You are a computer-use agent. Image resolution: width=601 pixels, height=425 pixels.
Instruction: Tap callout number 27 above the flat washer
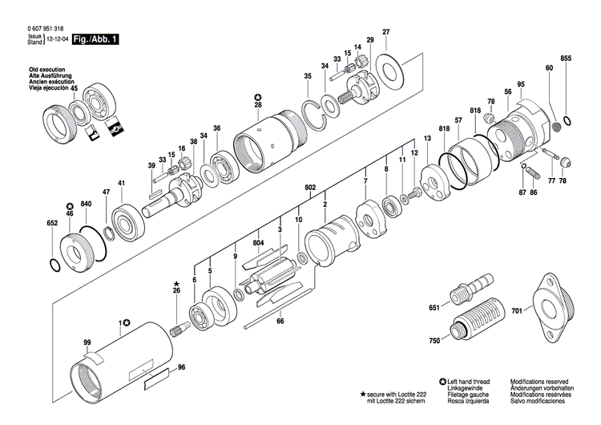point(385,32)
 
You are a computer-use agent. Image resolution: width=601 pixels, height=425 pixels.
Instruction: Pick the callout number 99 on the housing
point(87,342)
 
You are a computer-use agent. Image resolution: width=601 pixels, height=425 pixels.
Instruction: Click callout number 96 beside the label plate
point(181,367)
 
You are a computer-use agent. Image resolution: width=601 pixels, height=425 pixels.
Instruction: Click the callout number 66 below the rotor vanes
point(280,322)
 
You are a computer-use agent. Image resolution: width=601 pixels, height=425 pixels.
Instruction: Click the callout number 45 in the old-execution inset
point(74,88)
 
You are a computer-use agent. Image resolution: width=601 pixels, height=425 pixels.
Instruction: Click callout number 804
point(258,243)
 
